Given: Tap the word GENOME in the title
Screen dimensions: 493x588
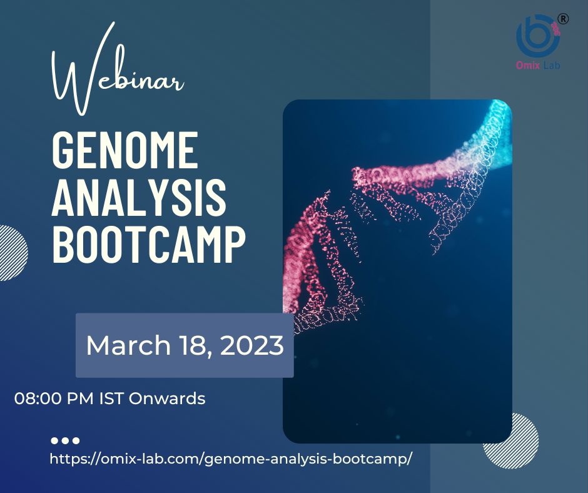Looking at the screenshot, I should [124, 148].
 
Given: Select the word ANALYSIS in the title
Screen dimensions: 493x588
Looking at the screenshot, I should [138, 195].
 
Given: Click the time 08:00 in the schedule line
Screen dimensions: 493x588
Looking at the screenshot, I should [35, 398].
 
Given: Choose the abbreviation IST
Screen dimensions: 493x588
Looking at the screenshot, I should [112, 398].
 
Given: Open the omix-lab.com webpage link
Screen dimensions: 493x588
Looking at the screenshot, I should [231, 458].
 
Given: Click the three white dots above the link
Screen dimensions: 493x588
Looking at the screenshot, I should [65, 440].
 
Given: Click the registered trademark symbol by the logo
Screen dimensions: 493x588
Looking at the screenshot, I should [563, 19].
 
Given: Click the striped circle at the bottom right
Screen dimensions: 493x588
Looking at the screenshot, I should [510, 441].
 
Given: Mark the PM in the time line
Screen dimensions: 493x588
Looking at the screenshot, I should [84, 398].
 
